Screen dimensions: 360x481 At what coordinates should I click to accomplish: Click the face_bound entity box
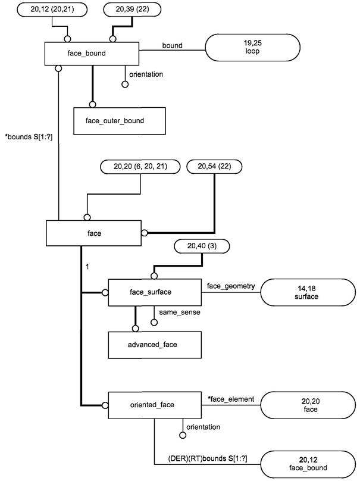92,54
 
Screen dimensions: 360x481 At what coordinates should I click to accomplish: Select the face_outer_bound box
120,121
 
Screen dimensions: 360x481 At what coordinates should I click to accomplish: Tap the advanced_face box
155,345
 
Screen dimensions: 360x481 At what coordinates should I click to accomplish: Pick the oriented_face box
155,405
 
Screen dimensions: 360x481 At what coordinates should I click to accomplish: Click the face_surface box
155,292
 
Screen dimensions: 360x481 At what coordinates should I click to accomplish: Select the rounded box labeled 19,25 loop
252,48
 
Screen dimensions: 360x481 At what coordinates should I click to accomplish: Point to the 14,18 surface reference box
308,292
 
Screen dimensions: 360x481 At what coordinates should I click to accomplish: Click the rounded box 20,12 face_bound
308,464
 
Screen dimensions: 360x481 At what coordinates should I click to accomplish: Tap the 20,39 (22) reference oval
132,10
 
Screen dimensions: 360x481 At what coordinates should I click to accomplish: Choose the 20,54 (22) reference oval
214,167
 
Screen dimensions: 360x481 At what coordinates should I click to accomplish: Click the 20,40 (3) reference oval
202,246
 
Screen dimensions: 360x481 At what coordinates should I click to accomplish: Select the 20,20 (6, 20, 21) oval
140,167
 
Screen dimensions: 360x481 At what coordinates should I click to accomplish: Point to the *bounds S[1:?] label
29,137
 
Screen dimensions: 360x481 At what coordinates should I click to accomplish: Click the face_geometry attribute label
231,286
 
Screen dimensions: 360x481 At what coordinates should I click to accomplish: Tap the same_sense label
180,313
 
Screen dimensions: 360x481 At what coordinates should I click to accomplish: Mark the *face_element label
231,399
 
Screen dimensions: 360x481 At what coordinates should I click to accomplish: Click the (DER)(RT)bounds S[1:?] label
208,458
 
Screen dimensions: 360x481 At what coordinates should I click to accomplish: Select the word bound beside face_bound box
173,45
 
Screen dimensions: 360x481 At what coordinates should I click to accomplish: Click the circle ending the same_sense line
154,323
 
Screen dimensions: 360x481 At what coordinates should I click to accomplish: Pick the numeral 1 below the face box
87,267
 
